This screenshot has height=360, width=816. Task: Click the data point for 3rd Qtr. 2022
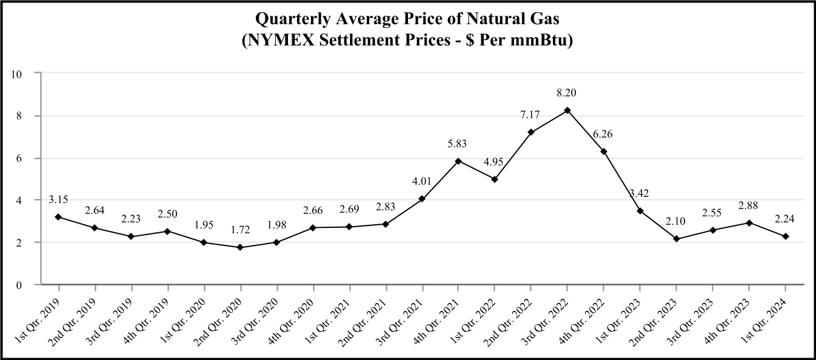567,110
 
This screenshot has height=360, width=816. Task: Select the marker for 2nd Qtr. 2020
240,247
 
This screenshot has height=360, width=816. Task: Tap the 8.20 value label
567,93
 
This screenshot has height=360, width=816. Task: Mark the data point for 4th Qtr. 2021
458,161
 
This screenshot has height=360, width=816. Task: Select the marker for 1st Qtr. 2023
640,211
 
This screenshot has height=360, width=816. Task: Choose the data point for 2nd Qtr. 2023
677,239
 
